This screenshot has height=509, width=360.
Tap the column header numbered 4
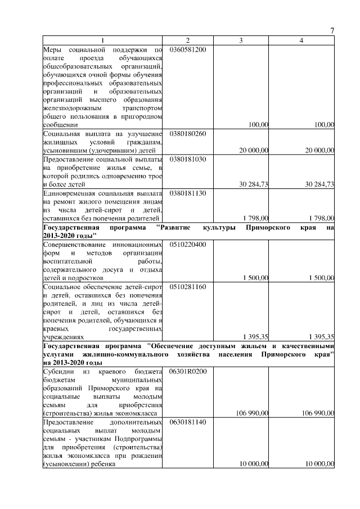coord(301,40)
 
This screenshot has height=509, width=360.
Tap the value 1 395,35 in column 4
coord(321,336)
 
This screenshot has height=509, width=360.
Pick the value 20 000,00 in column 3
coord(253,150)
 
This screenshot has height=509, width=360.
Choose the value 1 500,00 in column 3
coord(255,278)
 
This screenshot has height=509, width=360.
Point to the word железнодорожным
coord(67,108)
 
